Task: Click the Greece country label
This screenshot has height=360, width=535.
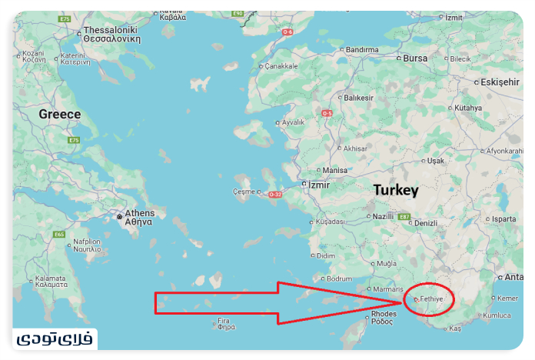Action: [59, 114]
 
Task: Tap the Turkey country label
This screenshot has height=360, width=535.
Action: [395, 190]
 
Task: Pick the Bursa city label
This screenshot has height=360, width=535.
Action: [415, 58]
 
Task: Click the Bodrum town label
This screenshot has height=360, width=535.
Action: [339, 278]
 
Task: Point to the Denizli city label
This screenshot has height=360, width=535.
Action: [425, 223]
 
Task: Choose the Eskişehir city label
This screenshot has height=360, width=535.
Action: [500, 82]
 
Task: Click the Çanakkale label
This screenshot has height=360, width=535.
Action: [281, 66]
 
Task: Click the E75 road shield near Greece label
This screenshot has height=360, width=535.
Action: [74, 140]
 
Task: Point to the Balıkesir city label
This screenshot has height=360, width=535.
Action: [358, 98]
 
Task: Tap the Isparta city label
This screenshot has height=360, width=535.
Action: [504, 218]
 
